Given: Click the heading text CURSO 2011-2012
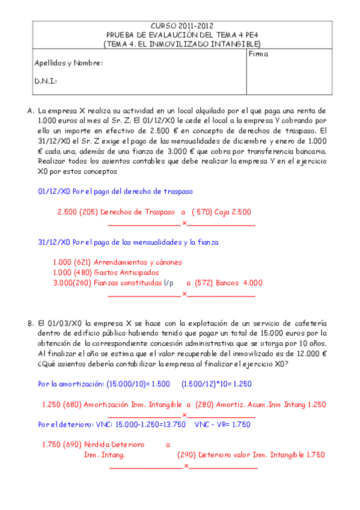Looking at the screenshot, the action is [181, 27].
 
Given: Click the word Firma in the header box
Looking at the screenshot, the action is [258, 54].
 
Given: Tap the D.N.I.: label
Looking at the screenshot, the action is [46, 81].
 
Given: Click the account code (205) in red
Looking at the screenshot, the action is [90, 212].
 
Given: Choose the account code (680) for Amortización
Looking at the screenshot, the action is [75, 405].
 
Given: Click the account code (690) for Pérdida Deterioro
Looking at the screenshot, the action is [75, 444].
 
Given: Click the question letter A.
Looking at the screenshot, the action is [31, 111].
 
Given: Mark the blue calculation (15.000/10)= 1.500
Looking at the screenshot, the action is [138, 384].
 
